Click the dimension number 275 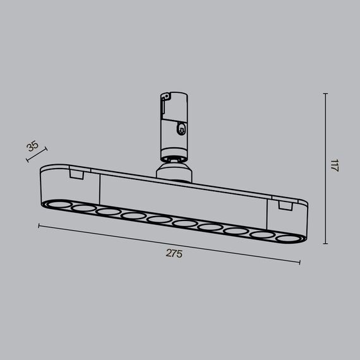click(x=174, y=253)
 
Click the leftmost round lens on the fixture click(x=56, y=205)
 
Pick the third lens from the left click(x=107, y=212)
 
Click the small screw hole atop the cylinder click(x=165, y=97)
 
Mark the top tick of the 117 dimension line click(x=325, y=93)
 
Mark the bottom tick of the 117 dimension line click(x=325, y=244)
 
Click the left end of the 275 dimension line click(x=39, y=224)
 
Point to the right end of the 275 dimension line click(x=299, y=261)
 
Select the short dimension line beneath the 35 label click(x=37, y=155)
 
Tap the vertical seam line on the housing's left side click(x=100, y=189)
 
